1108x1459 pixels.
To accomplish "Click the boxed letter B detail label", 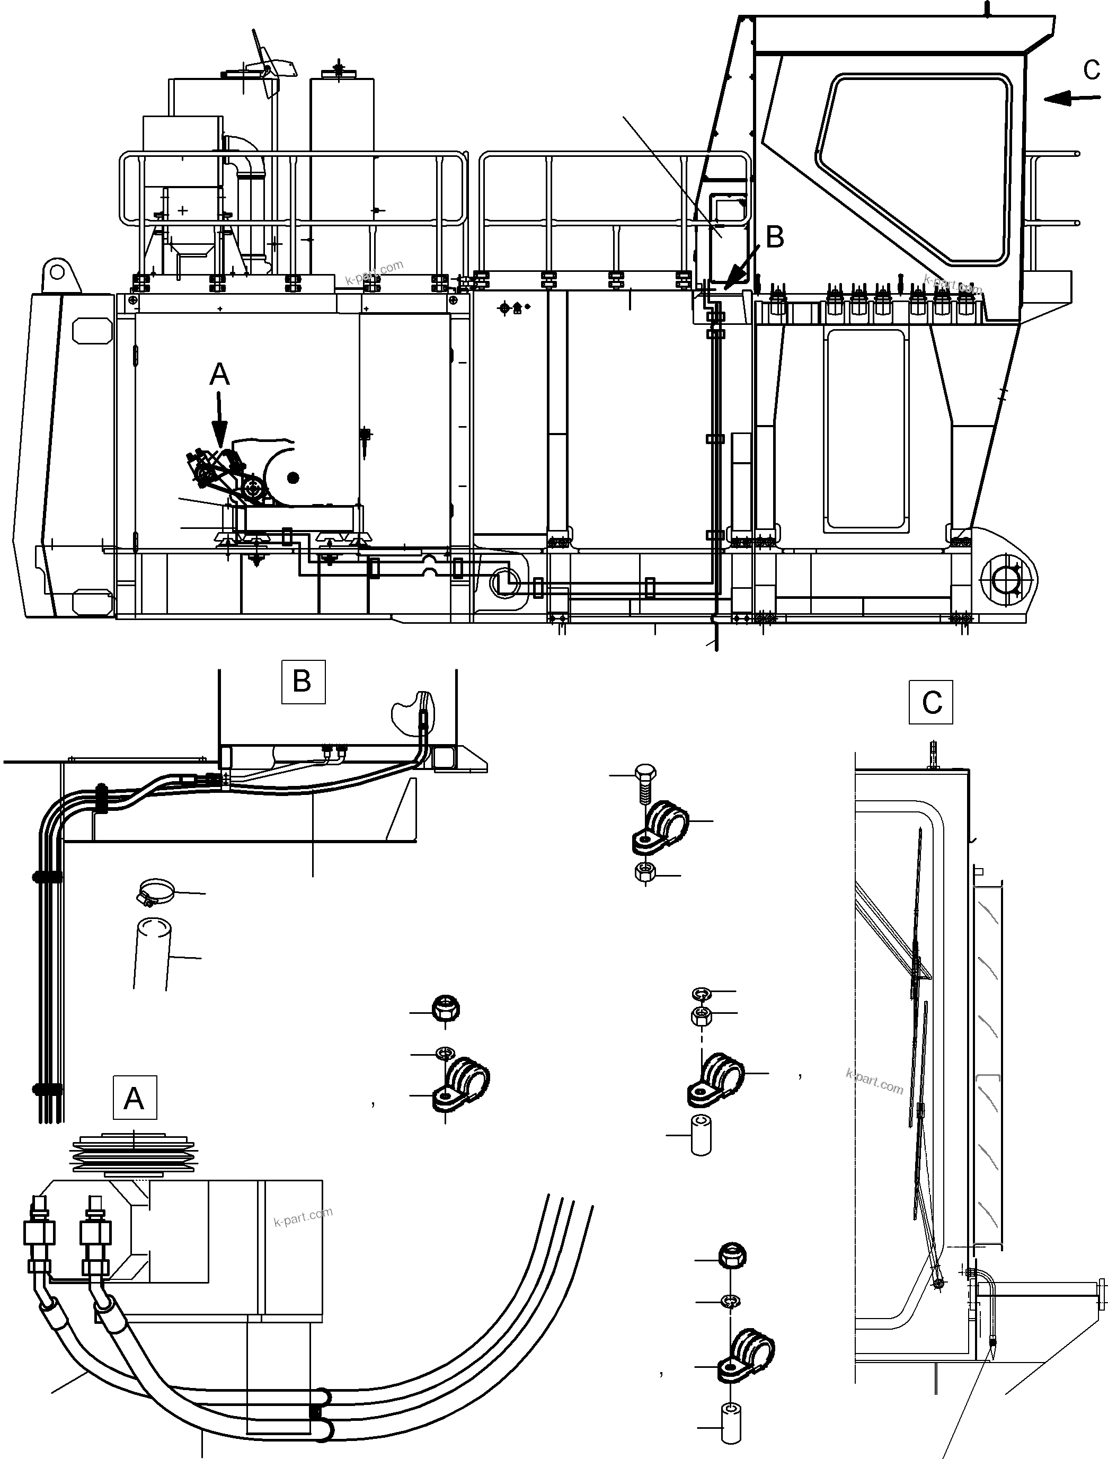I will [x=303, y=682].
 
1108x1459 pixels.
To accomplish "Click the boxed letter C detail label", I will [x=930, y=702].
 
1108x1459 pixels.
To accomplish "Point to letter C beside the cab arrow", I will [x=1092, y=69].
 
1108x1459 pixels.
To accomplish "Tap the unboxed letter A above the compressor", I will [x=219, y=375].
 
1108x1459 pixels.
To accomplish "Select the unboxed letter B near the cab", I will [x=775, y=237].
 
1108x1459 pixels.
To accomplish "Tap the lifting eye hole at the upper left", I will [x=57, y=272].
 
